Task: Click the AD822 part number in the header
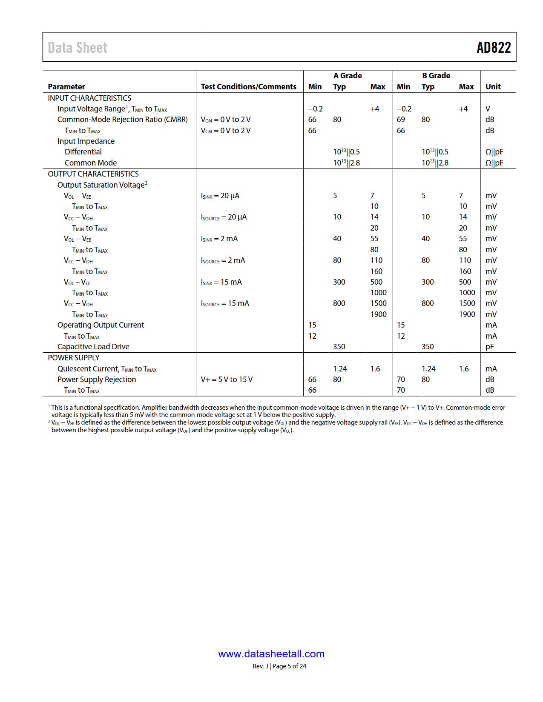coord(493,48)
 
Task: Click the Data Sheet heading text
coord(78,48)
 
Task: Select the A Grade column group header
coord(348,76)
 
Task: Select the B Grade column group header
coord(436,76)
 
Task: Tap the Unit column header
coord(493,87)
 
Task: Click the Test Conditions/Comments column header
coord(248,87)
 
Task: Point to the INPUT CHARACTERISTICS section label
coord(89,98)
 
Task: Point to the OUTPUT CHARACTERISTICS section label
coord(93,174)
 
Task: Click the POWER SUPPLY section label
coord(74,358)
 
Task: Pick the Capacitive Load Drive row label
coord(93,347)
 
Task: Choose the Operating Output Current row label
coord(101,325)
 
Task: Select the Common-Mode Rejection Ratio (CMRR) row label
coord(122,120)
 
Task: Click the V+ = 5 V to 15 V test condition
coord(227,380)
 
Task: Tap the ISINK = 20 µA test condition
coord(220,196)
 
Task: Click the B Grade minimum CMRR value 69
coord(401,120)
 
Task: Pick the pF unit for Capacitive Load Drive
coord(489,347)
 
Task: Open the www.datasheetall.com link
coord(271,654)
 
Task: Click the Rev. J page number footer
coord(279,666)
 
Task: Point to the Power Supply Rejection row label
coord(97,380)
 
